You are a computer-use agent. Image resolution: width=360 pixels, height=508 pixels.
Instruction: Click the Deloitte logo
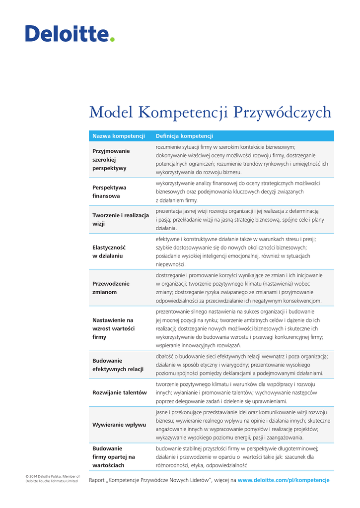coord(70,33)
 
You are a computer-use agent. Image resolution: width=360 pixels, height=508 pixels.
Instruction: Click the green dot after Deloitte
coord(112,39)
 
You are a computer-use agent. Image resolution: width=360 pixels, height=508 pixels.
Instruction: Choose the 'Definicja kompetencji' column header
coord(184,136)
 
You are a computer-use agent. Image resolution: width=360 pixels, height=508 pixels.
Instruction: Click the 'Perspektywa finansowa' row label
coord(109,191)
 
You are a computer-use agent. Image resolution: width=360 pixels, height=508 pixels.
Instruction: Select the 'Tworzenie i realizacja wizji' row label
coord(121,219)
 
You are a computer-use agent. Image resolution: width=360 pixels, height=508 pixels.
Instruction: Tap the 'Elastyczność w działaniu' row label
coord(109,252)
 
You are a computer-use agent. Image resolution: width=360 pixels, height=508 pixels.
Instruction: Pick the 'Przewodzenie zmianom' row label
coord(111,288)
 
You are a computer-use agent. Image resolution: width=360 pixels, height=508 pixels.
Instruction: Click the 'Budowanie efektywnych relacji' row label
coord(118,365)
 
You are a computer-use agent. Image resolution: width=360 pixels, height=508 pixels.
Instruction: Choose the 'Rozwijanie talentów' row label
coord(119,392)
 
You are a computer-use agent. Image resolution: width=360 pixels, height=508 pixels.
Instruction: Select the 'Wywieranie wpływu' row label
coord(119,425)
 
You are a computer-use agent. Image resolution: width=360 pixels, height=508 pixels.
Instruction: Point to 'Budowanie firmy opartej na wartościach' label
coord(113,456)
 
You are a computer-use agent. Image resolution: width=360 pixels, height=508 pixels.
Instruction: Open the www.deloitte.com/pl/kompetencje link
coord(284,480)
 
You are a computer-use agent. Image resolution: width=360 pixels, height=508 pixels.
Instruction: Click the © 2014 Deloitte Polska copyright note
coord(52,478)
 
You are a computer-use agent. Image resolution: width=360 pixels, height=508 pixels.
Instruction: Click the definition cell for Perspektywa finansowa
coord(237,191)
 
